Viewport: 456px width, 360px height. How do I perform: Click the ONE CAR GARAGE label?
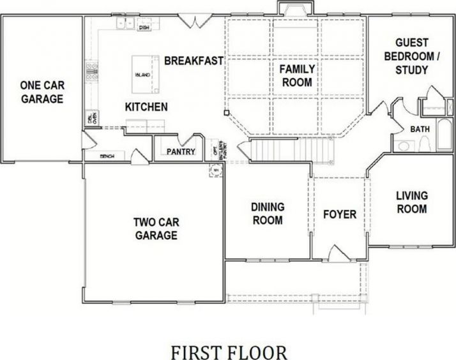point(42,92)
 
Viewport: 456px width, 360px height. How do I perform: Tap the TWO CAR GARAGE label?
point(156,229)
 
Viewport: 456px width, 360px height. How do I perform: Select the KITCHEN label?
point(146,107)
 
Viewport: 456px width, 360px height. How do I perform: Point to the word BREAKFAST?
point(194,61)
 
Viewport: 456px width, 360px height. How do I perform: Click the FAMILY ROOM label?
point(296,75)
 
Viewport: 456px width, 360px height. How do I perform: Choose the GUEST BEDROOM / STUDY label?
point(411,56)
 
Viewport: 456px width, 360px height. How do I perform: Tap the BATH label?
point(420,129)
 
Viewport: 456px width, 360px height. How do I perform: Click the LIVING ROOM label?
point(411,202)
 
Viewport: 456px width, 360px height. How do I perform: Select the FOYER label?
point(338,214)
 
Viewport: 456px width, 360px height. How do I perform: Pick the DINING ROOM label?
point(267,214)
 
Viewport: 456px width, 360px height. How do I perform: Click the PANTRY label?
point(181,152)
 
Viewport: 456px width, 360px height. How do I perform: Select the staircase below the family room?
point(291,151)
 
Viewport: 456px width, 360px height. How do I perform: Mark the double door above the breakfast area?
point(193,21)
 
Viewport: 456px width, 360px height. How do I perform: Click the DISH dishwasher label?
point(144,27)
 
